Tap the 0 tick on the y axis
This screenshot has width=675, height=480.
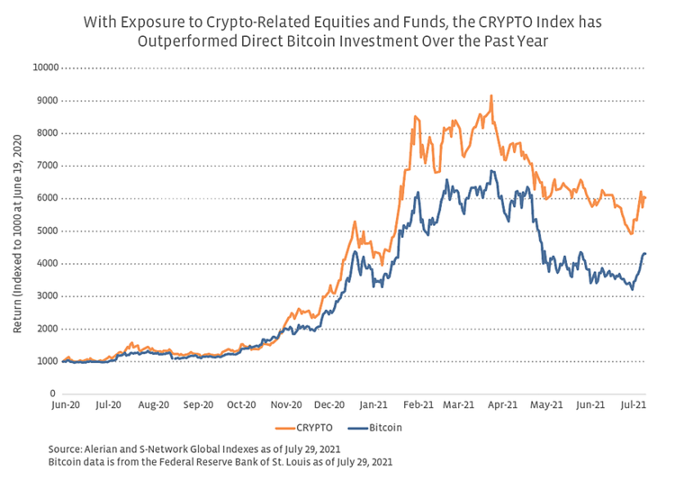53,394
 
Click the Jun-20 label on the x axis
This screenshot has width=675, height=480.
63,406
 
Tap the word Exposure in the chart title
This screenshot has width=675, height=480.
178,22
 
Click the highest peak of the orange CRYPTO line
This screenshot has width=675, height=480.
490,95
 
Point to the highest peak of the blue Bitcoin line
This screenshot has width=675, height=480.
491,170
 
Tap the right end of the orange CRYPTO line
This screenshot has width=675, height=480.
645,198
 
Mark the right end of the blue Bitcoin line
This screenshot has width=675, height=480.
645,254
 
